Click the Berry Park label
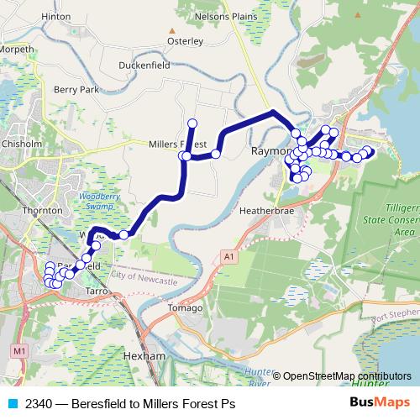76,89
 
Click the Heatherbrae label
265,211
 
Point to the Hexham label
144,356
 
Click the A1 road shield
227,255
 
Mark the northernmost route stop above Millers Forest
192,123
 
